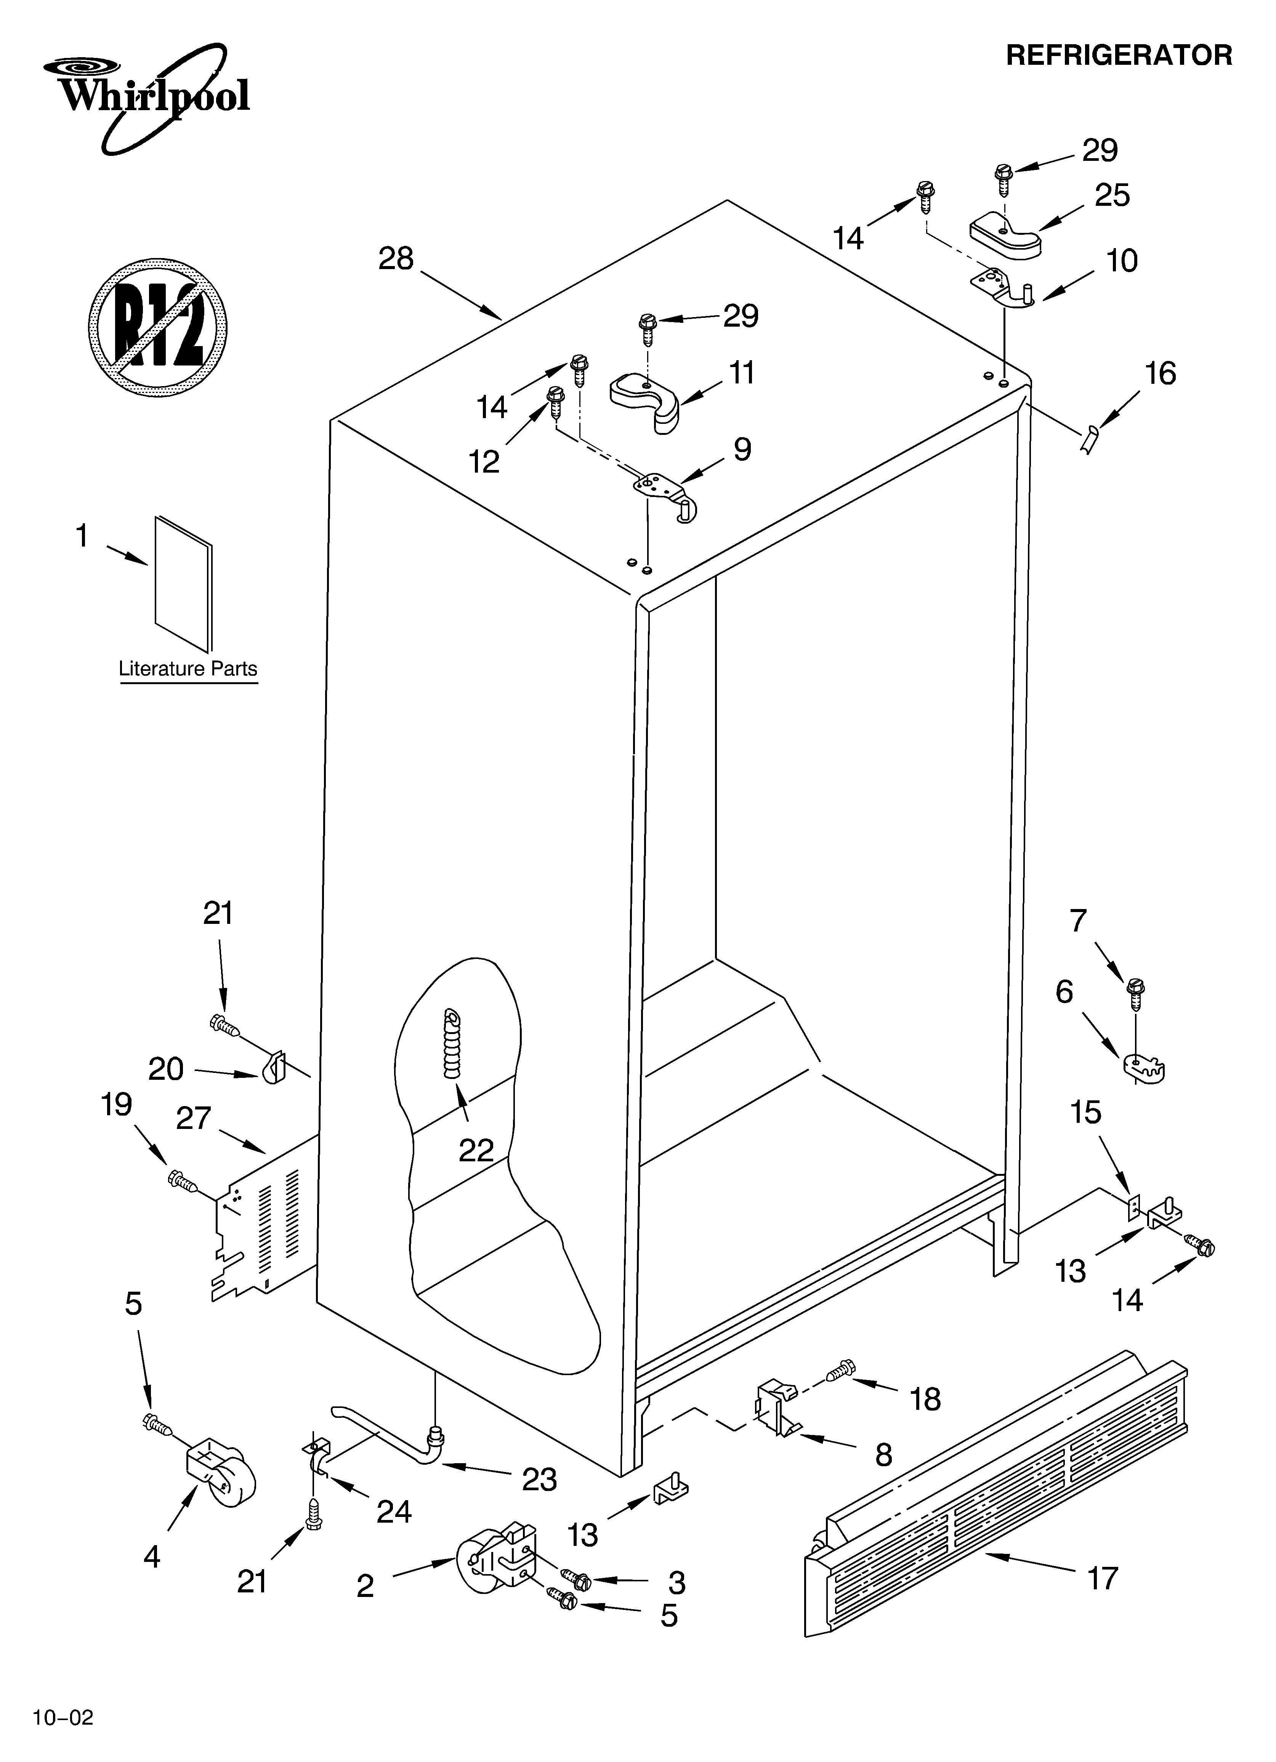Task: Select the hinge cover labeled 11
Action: click(x=645, y=398)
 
